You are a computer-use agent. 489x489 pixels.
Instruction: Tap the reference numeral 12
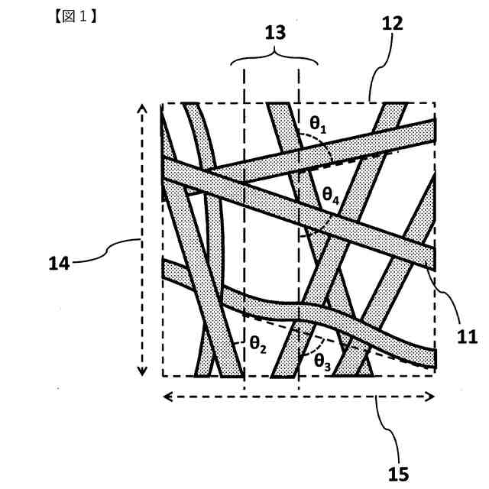pos(393,24)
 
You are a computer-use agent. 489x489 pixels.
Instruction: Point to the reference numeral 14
pos(59,264)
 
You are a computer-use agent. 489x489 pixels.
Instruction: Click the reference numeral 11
pos(466,335)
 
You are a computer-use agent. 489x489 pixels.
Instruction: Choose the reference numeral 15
pos(398,474)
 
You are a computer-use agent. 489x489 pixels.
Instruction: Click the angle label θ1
pos(318,124)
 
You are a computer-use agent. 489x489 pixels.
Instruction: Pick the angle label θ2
pos(257,345)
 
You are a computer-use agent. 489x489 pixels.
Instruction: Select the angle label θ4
pos(330,196)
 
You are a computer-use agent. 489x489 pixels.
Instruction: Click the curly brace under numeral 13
pos(274,58)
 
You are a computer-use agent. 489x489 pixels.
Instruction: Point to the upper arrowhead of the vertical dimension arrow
pos(141,109)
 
